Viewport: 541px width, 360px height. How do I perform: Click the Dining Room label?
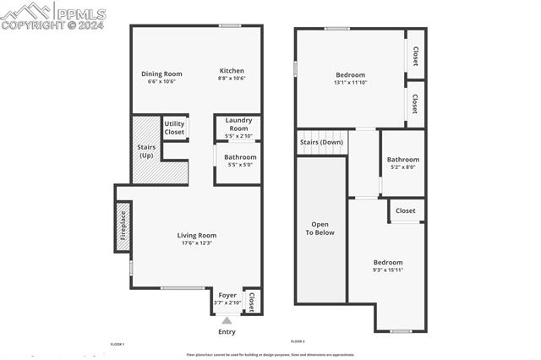[161, 74]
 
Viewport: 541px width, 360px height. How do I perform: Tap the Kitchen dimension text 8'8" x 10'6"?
[232, 79]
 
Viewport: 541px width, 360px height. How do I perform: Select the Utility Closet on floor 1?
[174, 128]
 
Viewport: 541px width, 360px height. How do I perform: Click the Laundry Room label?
[238, 124]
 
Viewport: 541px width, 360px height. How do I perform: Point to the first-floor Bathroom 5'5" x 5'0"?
[240, 161]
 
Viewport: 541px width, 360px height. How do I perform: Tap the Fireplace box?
[123, 226]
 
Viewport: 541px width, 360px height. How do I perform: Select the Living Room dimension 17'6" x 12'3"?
[197, 243]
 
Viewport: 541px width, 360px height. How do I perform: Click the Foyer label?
[227, 295]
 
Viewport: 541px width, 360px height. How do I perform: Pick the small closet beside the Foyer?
[251, 300]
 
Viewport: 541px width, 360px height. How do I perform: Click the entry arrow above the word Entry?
[227, 319]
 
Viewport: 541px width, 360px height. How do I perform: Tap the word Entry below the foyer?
[227, 331]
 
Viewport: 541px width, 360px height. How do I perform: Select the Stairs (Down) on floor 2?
[321, 142]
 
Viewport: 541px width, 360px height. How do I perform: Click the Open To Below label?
[320, 228]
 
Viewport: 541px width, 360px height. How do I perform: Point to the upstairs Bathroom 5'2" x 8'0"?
[402, 163]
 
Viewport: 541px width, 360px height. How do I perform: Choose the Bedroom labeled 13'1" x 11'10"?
[350, 79]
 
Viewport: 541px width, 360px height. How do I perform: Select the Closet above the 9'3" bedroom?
[406, 210]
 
